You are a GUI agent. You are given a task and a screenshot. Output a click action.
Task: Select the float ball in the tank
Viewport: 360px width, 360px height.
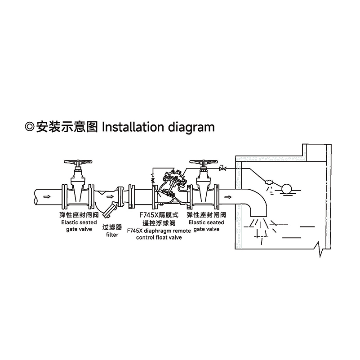(x=285, y=187)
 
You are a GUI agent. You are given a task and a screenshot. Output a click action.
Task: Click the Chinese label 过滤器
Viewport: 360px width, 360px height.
(x=112, y=227)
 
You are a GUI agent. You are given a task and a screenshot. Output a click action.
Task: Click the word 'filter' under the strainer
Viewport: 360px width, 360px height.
(x=112, y=235)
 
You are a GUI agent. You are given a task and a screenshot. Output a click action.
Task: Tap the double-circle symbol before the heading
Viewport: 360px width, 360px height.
(x=30, y=127)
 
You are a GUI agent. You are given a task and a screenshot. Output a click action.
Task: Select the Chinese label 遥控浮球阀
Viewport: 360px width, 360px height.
(x=159, y=223)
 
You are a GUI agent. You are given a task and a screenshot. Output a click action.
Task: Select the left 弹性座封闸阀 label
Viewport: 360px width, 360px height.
(x=79, y=215)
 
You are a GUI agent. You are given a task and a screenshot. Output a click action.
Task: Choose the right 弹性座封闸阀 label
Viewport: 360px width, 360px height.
(x=206, y=215)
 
